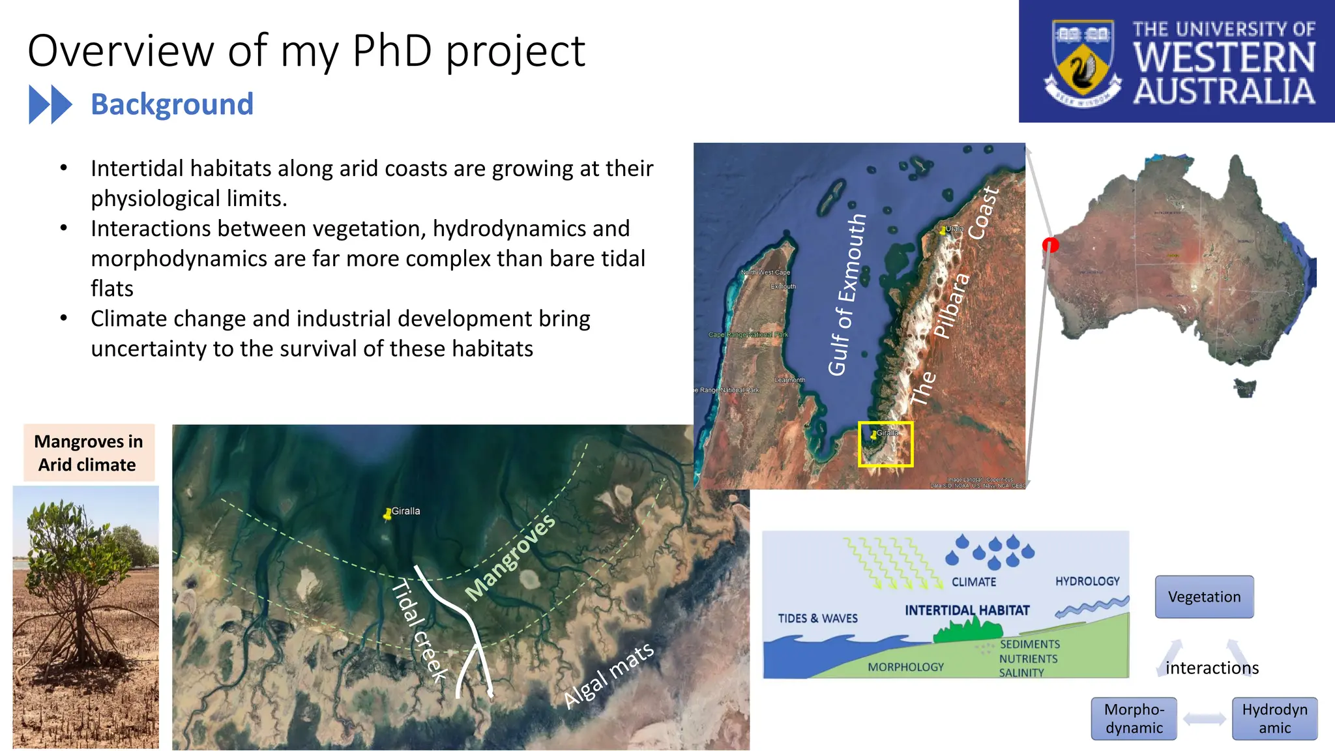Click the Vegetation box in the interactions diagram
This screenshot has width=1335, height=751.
pyautogui.click(x=1204, y=596)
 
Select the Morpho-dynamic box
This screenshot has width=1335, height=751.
pyautogui.click(x=1134, y=718)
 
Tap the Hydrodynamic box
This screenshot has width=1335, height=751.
pyautogui.click(x=1274, y=718)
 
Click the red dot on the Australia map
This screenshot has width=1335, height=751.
pyautogui.click(x=1050, y=245)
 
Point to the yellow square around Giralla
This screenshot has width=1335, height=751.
pyautogui.click(x=885, y=445)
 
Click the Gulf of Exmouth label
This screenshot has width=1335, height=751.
pyautogui.click(x=847, y=295)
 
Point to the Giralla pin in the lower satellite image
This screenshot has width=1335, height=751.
pyautogui.click(x=388, y=514)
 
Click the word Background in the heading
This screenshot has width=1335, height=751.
pyautogui.click(x=171, y=104)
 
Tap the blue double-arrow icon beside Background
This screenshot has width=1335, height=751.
pyautogui.click(x=50, y=104)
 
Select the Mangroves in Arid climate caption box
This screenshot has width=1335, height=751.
pyautogui.click(x=89, y=453)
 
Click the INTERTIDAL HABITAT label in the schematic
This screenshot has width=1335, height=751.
pyautogui.click(x=967, y=610)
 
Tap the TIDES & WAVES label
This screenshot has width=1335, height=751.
pyautogui.click(x=817, y=618)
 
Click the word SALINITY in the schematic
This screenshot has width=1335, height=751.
pyautogui.click(x=1021, y=673)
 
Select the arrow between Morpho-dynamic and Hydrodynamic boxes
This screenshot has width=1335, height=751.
pyautogui.click(x=1204, y=719)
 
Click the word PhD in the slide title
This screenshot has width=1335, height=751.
pyautogui.click(x=392, y=51)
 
